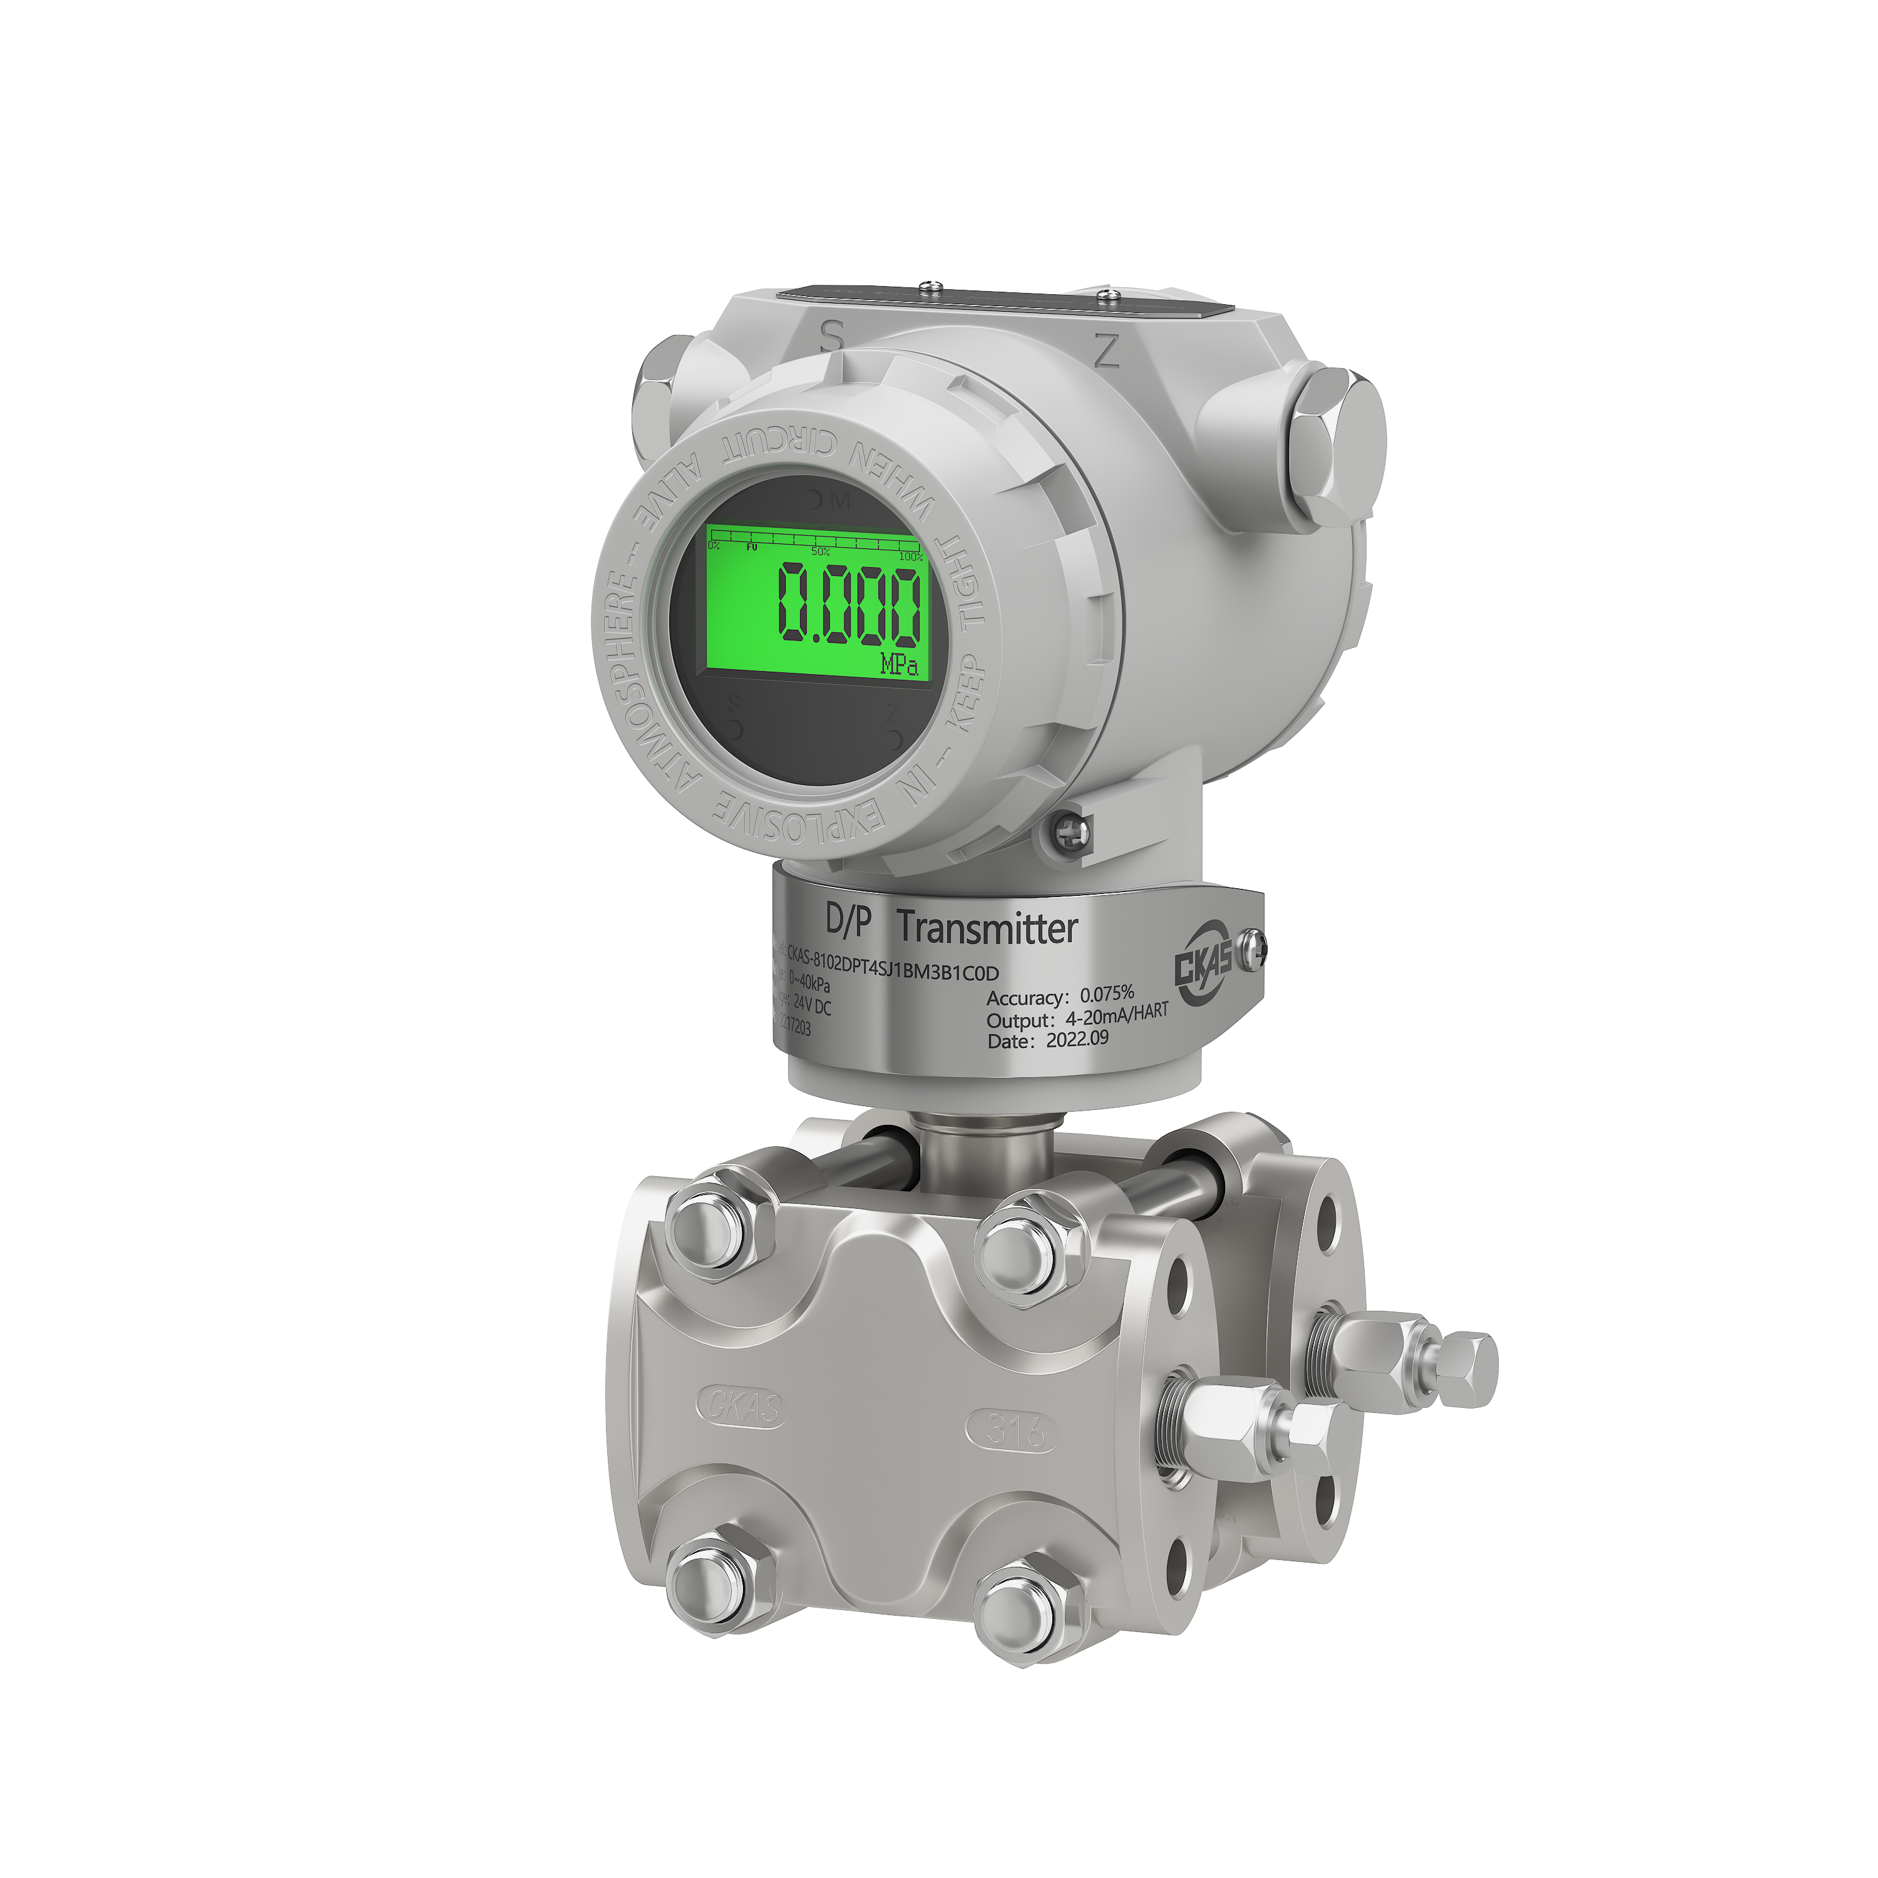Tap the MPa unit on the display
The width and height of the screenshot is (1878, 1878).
[899, 665]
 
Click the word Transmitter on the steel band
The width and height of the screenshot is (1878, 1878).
[987, 928]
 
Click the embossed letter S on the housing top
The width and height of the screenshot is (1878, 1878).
[831, 336]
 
